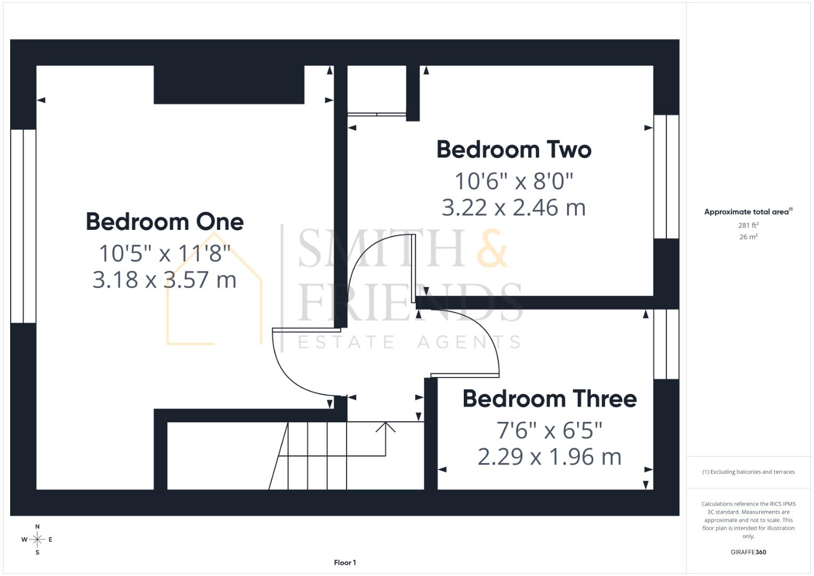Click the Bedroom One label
pyautogui.click(x=165, y=222)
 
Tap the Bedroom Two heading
pyautogui.click(x=514, y=150)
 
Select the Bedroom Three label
pyautogui.click(x=549, y=399)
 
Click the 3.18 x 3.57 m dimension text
pyautogui.click(x=165, y=280)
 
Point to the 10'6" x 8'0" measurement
pyautogui.click(x=514, y=181)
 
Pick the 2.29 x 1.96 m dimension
pyautogui.click(x=549, y=457)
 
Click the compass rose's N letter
pyautogui.click(x=37, y=526)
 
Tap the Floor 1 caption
pyautogui.click(x=345, y=563)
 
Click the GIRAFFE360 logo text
pyautogui.click(x=748, y=552)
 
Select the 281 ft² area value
pyautogui.click(x=748, y=226)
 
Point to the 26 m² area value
pyautogui.click(x=748, y=237)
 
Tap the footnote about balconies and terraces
pyautogui.click(x=748, y=472)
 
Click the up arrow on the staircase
pyautogui.click(x=385, y=427)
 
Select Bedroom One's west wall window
pyautogui.click(x=23, y=226)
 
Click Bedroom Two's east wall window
pyautogui.click(x=666, y=177)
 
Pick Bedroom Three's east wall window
pyautogui.click(x=666, y=344)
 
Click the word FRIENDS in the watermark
pyautogui.click(x=409, y=302)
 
